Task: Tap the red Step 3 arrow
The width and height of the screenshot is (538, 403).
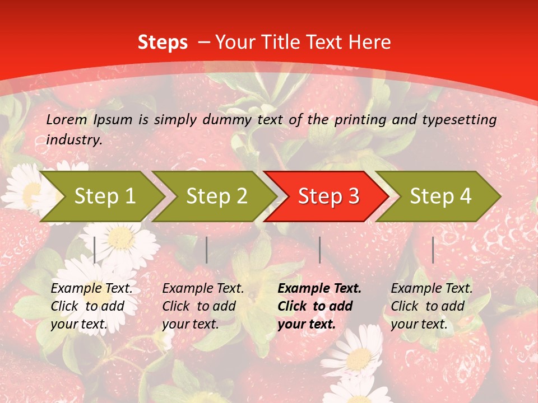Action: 328,196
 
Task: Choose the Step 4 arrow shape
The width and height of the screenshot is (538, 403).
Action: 440,196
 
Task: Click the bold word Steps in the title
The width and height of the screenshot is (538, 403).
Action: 163,43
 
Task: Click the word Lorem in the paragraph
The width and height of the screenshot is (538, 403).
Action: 67,120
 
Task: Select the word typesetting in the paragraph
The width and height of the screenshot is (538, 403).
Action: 463,120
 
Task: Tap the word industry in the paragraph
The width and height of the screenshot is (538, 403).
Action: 73,140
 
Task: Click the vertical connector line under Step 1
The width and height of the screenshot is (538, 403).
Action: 95,250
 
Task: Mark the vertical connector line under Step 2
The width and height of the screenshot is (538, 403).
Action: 207,250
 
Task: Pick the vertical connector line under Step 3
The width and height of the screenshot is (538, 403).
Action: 319,250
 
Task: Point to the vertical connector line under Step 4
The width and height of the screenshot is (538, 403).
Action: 433,250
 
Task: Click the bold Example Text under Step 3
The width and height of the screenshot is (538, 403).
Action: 319,289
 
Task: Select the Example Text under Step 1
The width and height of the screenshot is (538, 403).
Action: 91,289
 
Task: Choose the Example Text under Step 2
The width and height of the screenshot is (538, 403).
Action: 203,289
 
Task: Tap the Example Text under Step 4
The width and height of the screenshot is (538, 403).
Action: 432,289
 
